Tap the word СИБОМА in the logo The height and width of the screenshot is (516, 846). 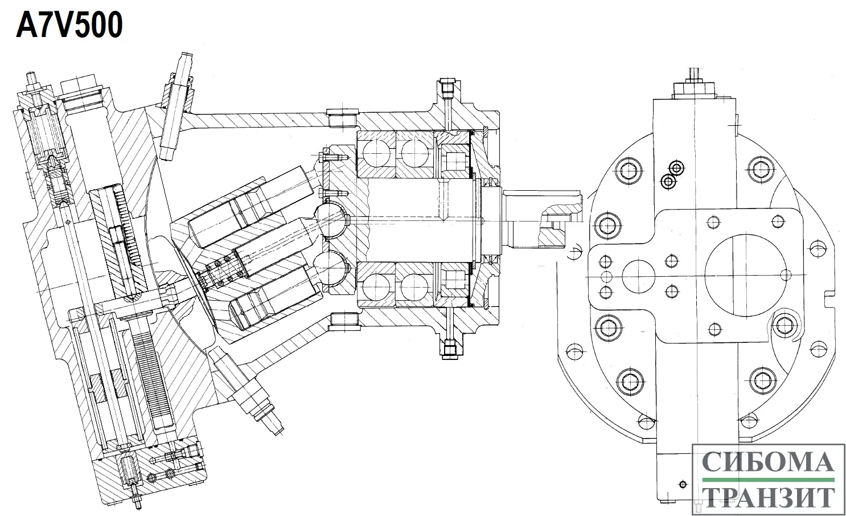[x=768, y=461]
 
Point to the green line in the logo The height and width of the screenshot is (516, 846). [x=768, y=480]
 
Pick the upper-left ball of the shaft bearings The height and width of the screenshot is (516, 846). [x=376, y=153]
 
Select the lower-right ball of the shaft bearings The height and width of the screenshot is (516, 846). [x=414, y=286]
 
